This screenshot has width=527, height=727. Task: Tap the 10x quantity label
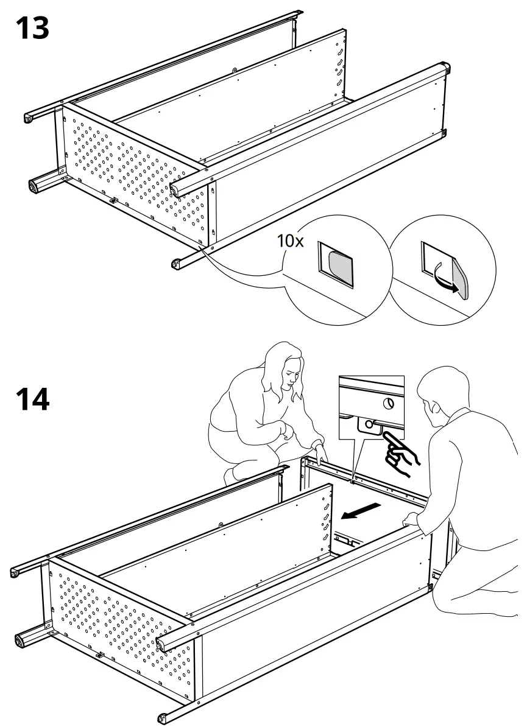pyautogui.click(x=291, y=241)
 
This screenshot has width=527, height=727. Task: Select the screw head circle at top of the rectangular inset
pyautogui.click(x=388, y=402)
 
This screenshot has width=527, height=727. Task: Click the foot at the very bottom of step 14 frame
pyautogui.click(x=163, y=718)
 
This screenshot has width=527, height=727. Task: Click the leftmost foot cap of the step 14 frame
pyautogui.click(x=15, y=572)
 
